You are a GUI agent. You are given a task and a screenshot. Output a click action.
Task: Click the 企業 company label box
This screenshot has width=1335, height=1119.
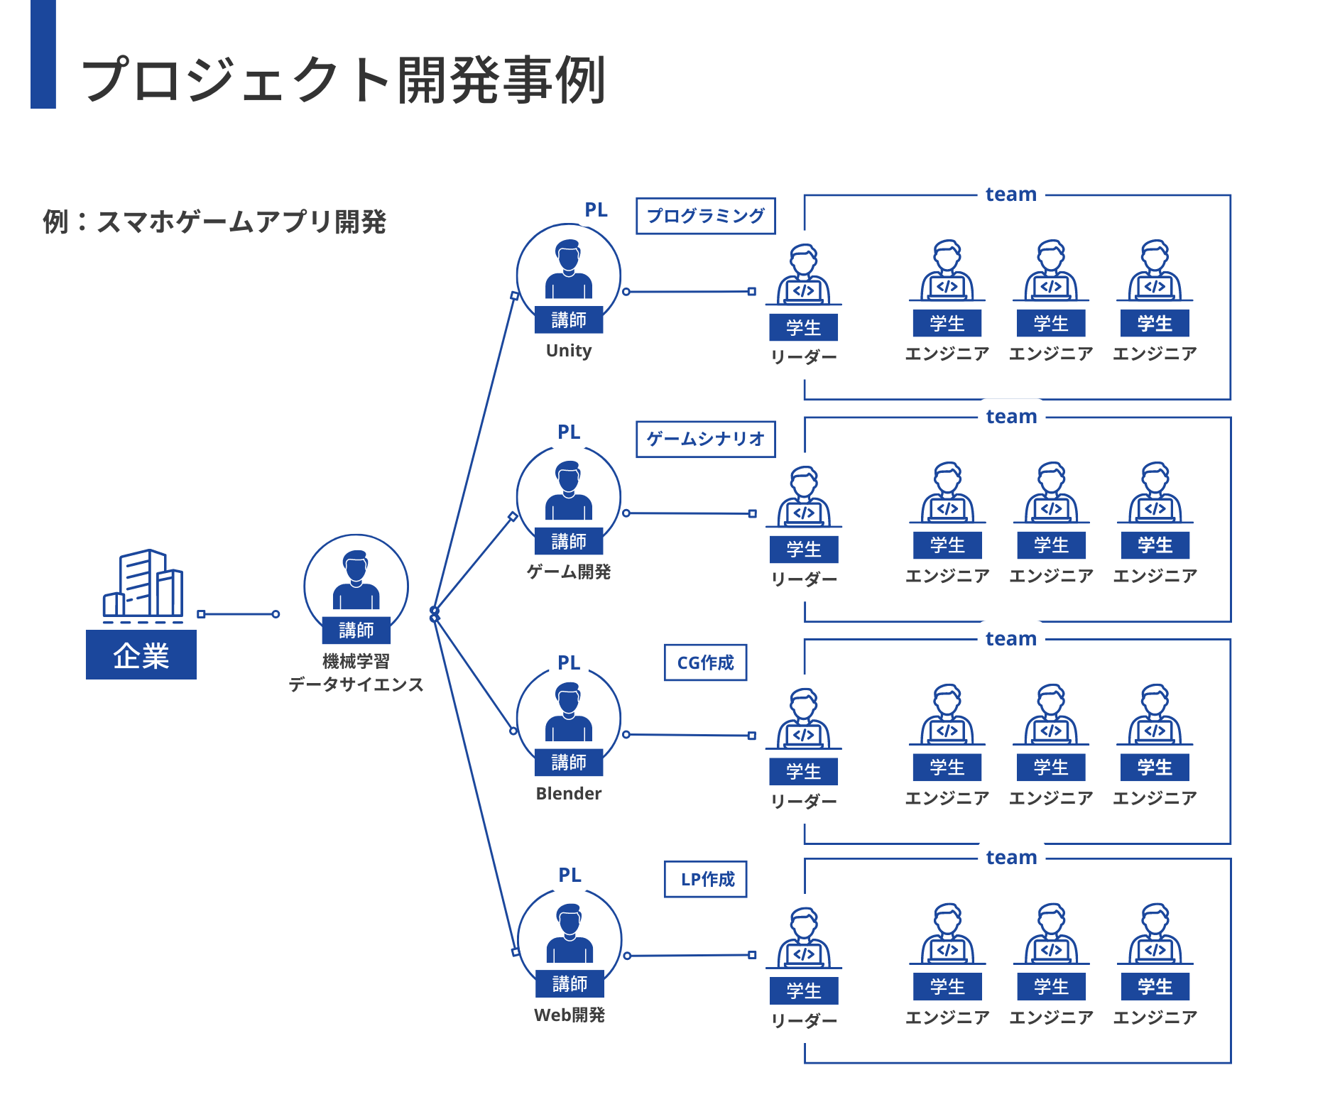[141, 655]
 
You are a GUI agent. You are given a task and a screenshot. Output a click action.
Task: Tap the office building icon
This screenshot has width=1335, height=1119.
[143, 584]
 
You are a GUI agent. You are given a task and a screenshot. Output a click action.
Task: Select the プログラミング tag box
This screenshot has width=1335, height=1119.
[705, 216]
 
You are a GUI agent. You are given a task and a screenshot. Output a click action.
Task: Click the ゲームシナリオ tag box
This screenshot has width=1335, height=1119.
[705, 439]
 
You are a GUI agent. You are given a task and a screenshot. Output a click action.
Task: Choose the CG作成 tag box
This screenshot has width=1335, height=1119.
[705, 662]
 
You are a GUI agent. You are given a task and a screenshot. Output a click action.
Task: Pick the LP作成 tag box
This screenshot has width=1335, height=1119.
[705, 879]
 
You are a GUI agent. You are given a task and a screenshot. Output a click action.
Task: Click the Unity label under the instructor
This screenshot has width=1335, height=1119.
[568, 351]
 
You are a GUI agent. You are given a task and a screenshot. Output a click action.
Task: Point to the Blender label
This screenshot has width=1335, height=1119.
[568, 794]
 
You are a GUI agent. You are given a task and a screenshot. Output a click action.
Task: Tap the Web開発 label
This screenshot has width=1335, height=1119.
[569, 1015]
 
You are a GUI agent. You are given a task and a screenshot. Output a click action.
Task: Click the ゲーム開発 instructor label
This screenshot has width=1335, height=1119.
[568, 572]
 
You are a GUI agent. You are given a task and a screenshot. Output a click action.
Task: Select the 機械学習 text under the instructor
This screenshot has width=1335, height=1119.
[356, 662]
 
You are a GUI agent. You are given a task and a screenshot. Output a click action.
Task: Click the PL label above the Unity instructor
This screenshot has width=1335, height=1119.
[596, 210]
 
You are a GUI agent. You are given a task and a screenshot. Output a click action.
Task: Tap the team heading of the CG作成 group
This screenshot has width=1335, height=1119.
[1010, 639]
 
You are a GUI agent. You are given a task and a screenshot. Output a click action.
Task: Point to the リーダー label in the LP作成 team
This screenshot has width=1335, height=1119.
[804, 1021]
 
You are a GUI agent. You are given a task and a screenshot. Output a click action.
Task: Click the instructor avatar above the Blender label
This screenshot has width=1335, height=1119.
[568, 713]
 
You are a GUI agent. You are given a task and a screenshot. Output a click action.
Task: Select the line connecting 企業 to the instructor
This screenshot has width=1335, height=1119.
[239, 614]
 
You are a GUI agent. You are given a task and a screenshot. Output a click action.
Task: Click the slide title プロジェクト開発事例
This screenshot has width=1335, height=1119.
[344, 80]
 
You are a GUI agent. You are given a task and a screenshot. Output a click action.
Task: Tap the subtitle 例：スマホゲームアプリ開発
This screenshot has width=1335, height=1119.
[214, 222]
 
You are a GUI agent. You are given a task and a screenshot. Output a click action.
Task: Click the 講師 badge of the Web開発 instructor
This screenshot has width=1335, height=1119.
[570, 984]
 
